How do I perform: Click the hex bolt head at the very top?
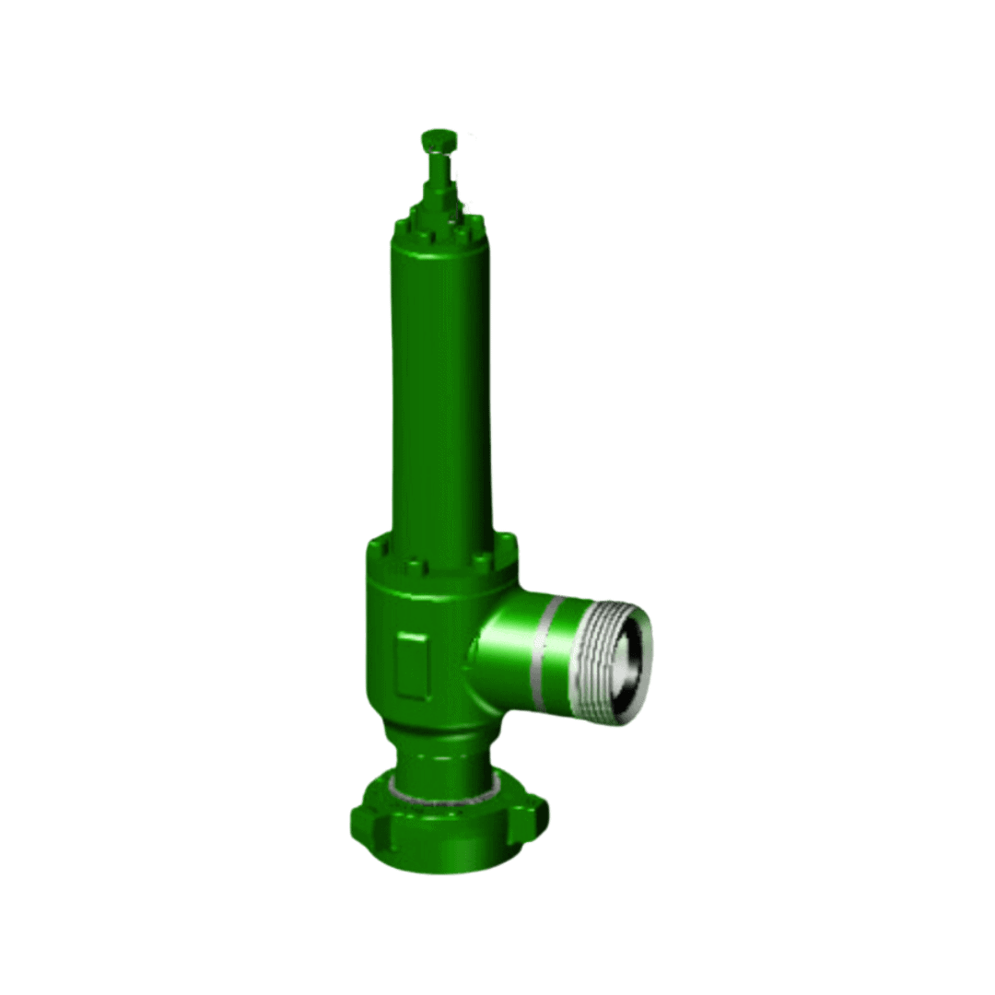(x=439, y=139)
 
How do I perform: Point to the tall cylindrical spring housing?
(x=440, y=387)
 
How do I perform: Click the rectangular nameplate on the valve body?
(x=411, y=663)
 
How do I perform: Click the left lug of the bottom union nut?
(x=362, y=820)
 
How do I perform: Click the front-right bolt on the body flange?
(x=480, y=562)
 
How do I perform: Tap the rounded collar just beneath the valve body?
(x=440, y=734)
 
